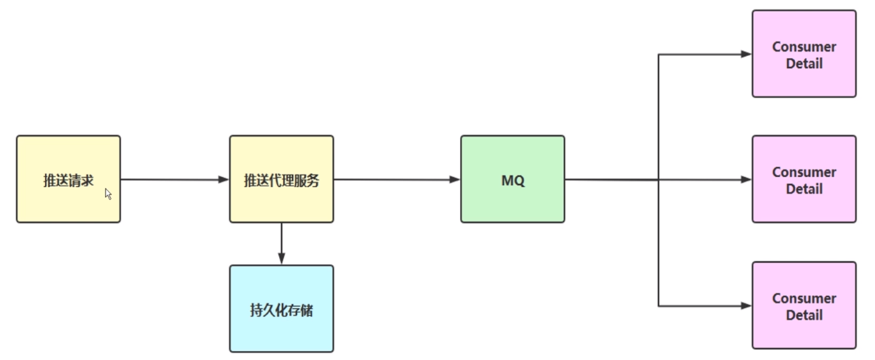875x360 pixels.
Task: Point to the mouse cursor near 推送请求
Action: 108,194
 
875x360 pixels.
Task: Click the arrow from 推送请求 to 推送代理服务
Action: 175,180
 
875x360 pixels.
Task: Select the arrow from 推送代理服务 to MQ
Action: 397,180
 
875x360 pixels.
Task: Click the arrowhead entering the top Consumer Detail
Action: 746,54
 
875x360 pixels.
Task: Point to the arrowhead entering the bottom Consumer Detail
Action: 746,306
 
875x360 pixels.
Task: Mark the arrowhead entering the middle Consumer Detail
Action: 746,180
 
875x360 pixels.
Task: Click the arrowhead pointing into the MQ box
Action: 455,180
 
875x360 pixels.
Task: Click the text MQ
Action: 512,180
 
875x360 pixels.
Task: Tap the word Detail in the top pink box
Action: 804,64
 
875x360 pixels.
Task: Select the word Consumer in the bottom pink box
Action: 804,298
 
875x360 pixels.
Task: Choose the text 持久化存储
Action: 281,311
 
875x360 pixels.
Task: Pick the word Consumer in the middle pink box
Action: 804,172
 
